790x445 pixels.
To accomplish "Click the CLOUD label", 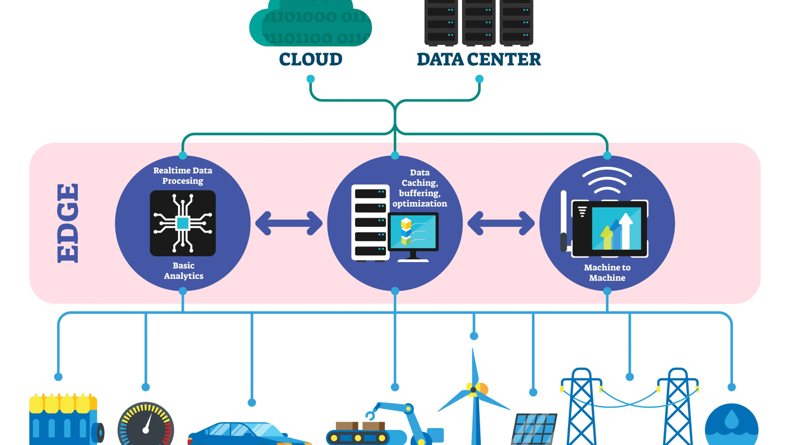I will tap(311, 59).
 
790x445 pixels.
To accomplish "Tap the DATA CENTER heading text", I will tap(478, 59).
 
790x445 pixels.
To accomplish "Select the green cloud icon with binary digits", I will tap(311, 25).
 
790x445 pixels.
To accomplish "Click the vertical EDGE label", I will tap(68, 223).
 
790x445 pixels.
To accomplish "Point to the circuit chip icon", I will tap(183, 223).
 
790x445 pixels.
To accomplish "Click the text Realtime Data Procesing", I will tap(183, 176).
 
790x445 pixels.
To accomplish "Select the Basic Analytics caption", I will tap(183, 270).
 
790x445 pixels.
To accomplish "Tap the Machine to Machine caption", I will tap(607, 272).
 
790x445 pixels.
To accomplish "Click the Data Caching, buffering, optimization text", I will tap(420, 188).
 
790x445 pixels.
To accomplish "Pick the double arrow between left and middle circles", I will tap(289, 223).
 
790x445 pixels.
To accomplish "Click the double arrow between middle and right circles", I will tap(501, 223).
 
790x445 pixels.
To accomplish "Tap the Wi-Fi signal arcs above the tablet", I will tap(607, 181).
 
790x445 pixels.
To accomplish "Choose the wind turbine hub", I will tap(474, 390).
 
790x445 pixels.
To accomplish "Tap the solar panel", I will tap(534, 428).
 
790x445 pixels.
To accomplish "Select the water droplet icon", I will tap(732, 421).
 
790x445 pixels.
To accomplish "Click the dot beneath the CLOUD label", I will tap(311, 79).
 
